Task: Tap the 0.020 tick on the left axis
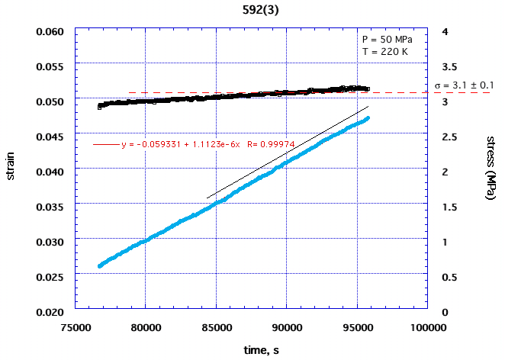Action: (x=52, y=311)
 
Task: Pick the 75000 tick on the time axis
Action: (x=75, y=329)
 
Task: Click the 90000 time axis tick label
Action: (x=286, y=329)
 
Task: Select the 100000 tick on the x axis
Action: (x=427, y=329)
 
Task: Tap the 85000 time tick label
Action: (x=216, y=329)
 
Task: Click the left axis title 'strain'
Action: (x=11, y=172)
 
